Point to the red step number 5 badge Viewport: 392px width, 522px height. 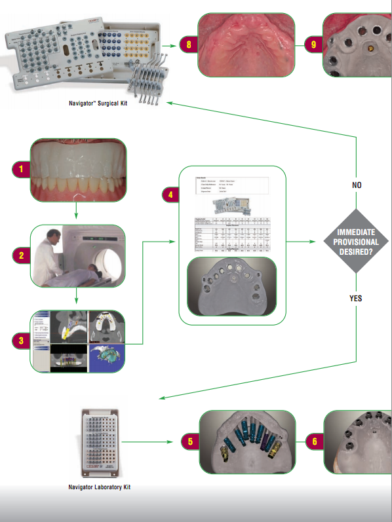tap(189, 441)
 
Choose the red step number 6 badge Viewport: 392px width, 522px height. tap(315, 441)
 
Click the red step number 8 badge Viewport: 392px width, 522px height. tap(189, 45)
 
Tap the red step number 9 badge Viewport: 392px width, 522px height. tap(315, 45)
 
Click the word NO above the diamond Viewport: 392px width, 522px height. tap(357, 185)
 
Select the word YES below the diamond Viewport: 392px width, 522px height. tap(357, 298)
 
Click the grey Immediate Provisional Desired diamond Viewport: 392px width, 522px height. tap(357, 241)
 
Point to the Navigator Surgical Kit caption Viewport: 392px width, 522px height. tap(98, 103)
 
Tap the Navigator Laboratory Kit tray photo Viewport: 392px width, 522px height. tap(100, 443)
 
